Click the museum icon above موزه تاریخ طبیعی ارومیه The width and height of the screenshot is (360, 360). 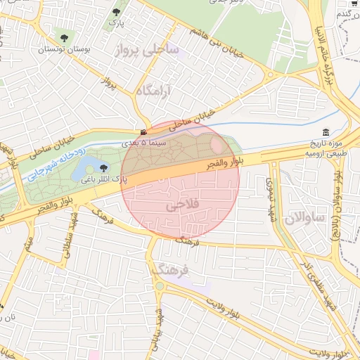tap(326, 132)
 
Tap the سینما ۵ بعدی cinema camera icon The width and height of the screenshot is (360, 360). tap(143, 133)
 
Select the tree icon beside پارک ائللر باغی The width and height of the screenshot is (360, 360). tap(104, 167)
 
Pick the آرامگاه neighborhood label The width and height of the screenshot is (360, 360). tap(153, 91)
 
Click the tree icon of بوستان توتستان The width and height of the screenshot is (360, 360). tap(65, 37)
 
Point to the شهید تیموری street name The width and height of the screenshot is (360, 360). tap(269, 196)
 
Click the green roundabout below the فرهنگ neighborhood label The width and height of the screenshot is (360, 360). tap(160, 285)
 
